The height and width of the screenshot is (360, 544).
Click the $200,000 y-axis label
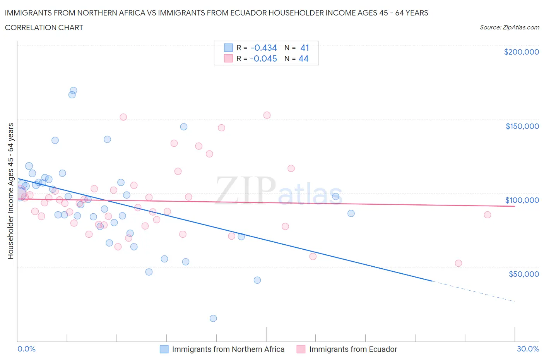pos(521,52)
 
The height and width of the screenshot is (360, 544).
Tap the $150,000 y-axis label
pos(522,126)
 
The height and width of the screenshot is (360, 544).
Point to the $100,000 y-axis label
pos(522,200)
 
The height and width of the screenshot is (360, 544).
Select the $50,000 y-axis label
pos(523,274)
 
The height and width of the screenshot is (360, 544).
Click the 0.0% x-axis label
pos(26,349)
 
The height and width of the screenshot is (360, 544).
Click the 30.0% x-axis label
pos(528,349)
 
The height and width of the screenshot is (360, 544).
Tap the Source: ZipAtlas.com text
pos(509,27)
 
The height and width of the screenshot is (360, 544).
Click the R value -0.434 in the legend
pos(263,48)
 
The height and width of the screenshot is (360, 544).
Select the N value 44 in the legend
pos(303,58)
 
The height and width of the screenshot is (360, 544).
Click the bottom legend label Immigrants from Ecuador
pos(353,349)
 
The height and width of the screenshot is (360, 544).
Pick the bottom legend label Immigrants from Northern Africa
pos(228,349)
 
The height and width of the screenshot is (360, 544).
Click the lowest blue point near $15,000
pos(213,318)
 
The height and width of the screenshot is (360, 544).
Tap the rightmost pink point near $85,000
pos(487,215)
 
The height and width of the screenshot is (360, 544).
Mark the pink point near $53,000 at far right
pos(458,263)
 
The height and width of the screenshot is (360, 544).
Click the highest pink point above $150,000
pos(267,115)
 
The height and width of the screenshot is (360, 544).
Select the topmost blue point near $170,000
pos(73,91)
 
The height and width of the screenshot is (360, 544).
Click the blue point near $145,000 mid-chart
pos(184,127)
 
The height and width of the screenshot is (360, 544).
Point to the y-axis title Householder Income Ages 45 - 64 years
pos(10,191)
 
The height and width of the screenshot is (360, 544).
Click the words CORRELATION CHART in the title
pos(44,27)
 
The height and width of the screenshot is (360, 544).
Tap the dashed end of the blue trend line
pos(476,292)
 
